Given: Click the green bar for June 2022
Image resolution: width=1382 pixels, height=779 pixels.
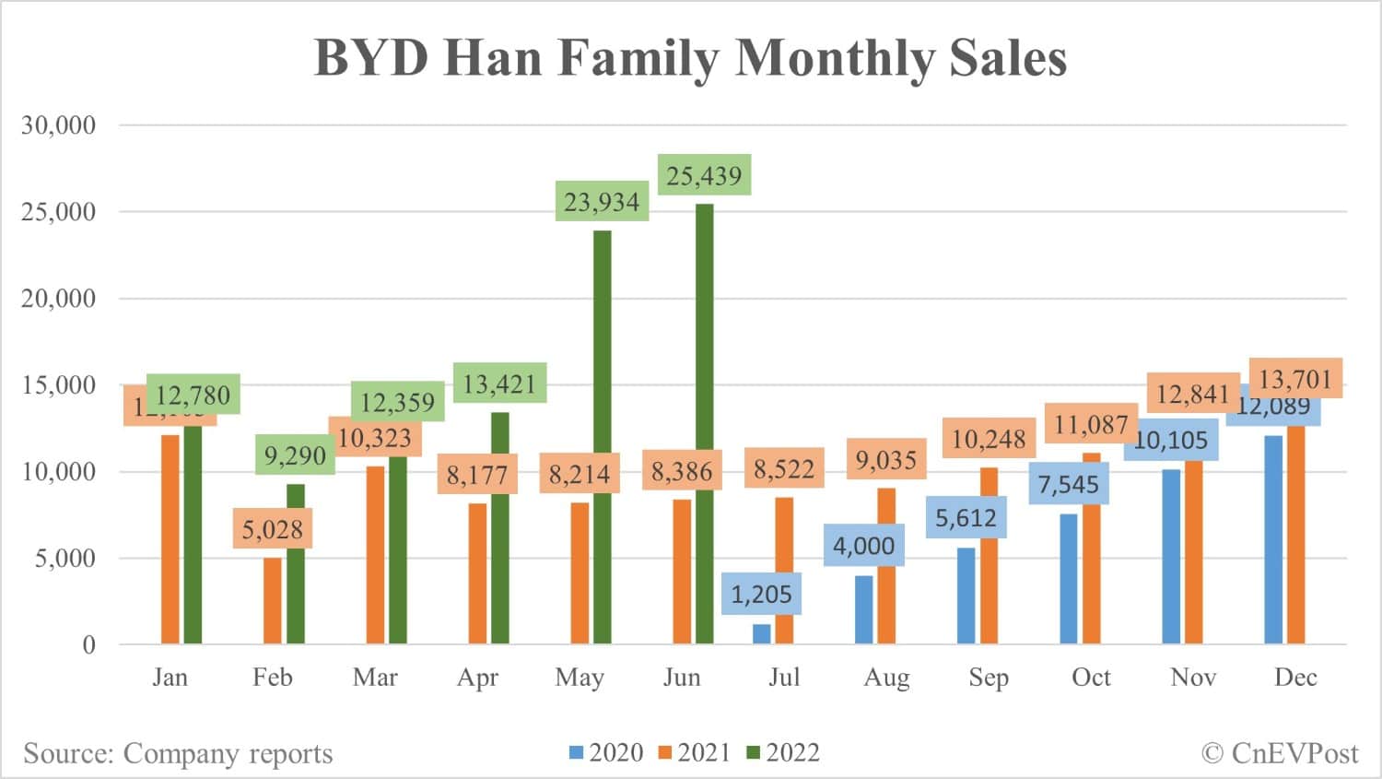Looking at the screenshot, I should pos(704,424).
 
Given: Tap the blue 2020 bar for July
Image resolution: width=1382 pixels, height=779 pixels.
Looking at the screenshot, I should pos(762,634).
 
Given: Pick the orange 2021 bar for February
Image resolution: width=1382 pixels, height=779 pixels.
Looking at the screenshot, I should pos(273,599).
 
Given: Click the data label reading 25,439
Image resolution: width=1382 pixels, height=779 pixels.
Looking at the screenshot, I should pos(705,175).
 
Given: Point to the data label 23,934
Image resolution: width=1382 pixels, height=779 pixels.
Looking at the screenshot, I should pos(602,202).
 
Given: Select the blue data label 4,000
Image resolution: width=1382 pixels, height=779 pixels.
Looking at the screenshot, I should pos(863,546).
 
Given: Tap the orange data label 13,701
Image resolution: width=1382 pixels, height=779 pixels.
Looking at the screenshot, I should pos(1295,378).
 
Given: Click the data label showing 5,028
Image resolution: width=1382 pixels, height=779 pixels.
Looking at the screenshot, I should pos(273,529).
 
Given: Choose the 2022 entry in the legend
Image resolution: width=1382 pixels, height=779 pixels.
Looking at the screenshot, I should pos(783,753).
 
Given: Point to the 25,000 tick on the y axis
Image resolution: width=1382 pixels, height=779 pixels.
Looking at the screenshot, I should pos(58,212).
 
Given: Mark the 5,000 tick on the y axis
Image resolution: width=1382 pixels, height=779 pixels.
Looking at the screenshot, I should pos(65,559).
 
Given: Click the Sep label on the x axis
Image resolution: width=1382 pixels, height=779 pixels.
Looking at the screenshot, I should pos(989,678).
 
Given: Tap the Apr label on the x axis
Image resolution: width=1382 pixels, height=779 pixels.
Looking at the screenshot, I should pos(477,678).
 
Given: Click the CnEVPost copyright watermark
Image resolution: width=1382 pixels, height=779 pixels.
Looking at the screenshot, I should pos(1280,753).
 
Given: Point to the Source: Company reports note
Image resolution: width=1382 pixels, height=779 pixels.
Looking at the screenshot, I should pos(178,753).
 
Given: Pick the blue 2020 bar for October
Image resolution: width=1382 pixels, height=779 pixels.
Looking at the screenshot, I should pos(1069,578).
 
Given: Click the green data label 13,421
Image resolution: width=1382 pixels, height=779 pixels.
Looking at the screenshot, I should pos(499,384).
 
